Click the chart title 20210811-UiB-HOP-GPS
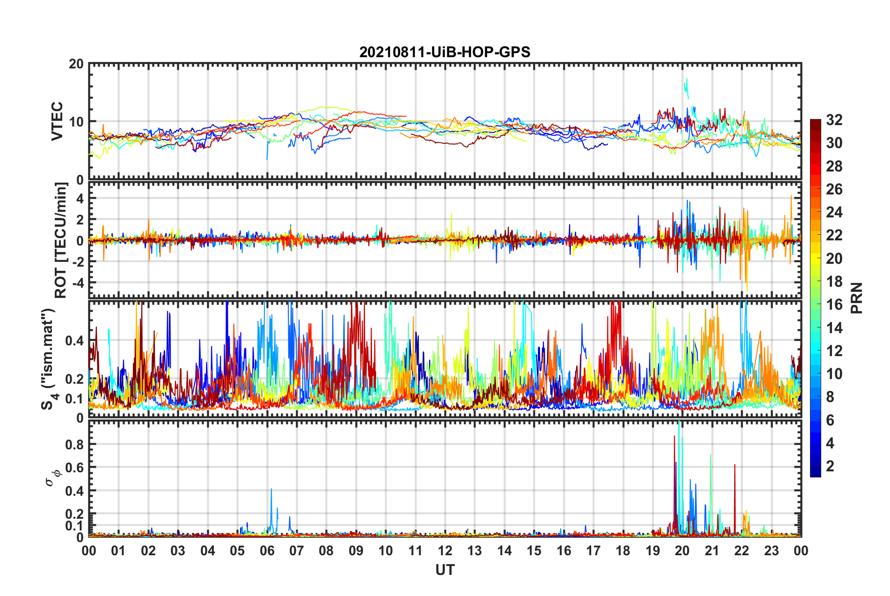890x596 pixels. pos(445,52)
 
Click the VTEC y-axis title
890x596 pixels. pos(57,121)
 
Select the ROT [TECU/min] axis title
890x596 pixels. pos(61,240)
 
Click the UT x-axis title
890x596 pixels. pos(445,570)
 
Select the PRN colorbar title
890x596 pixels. pos(857,298)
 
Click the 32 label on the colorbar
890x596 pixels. pos(834,120)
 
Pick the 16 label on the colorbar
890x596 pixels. pos(834,305)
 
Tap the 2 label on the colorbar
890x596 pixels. pos(830,466)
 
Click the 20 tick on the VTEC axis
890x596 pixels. pos(76,64)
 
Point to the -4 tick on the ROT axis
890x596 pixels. pos(78,283)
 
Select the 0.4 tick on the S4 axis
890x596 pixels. pos(75,341)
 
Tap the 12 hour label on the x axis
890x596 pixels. pos(445,551)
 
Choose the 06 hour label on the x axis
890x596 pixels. pos(267,551)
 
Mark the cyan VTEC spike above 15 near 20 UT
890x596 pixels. pos(686,84)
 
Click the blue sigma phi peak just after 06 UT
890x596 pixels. pos(271,490)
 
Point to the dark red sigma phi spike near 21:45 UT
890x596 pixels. pos(735,465)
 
